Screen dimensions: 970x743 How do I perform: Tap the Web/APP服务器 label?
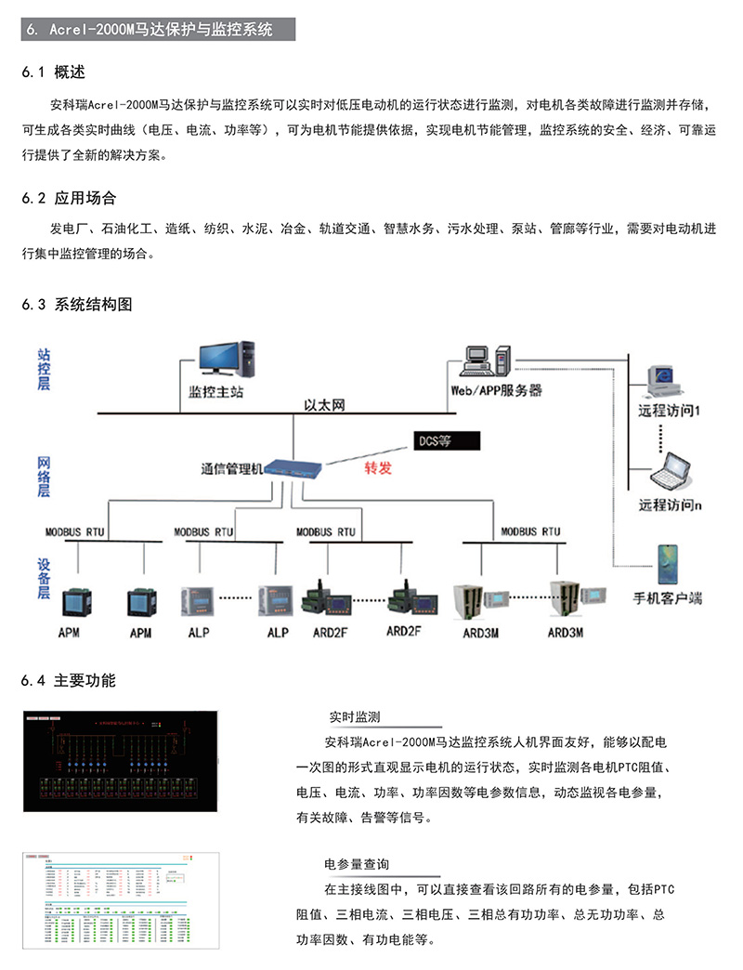(x=496, y=391)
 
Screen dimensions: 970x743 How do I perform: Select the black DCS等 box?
(x=446, y=439)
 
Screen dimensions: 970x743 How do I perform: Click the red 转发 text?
(x=377, y=467)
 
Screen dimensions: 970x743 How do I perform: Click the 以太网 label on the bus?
(x=324, y=405)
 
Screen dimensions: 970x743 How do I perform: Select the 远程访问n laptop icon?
(x=671, y=473)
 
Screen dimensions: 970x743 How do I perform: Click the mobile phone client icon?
(x=667, y=564)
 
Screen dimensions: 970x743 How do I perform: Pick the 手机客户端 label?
(x=667, y=597)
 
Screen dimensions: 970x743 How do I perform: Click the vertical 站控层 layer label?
(x=44, y=368)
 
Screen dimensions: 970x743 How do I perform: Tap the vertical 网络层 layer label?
(x=44, y=477)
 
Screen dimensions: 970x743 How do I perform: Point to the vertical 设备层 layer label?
(x=44, y=578)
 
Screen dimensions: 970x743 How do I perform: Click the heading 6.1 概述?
(x=54, y=72)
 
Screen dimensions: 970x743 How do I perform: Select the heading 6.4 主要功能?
(x=68, y=681)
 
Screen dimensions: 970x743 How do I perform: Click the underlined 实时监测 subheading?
(x=355, y=716)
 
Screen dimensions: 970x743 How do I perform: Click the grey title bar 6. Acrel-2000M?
(x=158, y=30)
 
